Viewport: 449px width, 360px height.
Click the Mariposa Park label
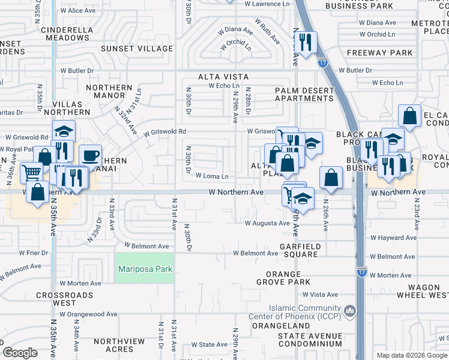point(145,269)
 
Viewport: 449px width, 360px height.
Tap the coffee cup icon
point(90,156)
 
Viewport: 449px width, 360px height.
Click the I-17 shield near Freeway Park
point(323,62)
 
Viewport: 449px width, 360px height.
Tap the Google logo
point(20,352)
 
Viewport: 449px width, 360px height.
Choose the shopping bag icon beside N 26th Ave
point(331,177)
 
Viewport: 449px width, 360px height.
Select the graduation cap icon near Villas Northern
point(64,131)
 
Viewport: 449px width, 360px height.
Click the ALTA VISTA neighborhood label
point(224,77)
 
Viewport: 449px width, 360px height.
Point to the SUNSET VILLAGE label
point(136,49)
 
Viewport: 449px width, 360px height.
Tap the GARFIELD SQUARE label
point(300,250)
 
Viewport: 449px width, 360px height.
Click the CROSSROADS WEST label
point(65,295)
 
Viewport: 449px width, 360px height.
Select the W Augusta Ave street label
point(267,223)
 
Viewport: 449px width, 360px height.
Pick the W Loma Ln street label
point(212,176)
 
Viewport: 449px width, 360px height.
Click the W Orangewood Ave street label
point(88,314)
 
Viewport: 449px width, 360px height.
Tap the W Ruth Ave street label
point(267,31)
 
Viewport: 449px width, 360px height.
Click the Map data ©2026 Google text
point(411,355)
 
